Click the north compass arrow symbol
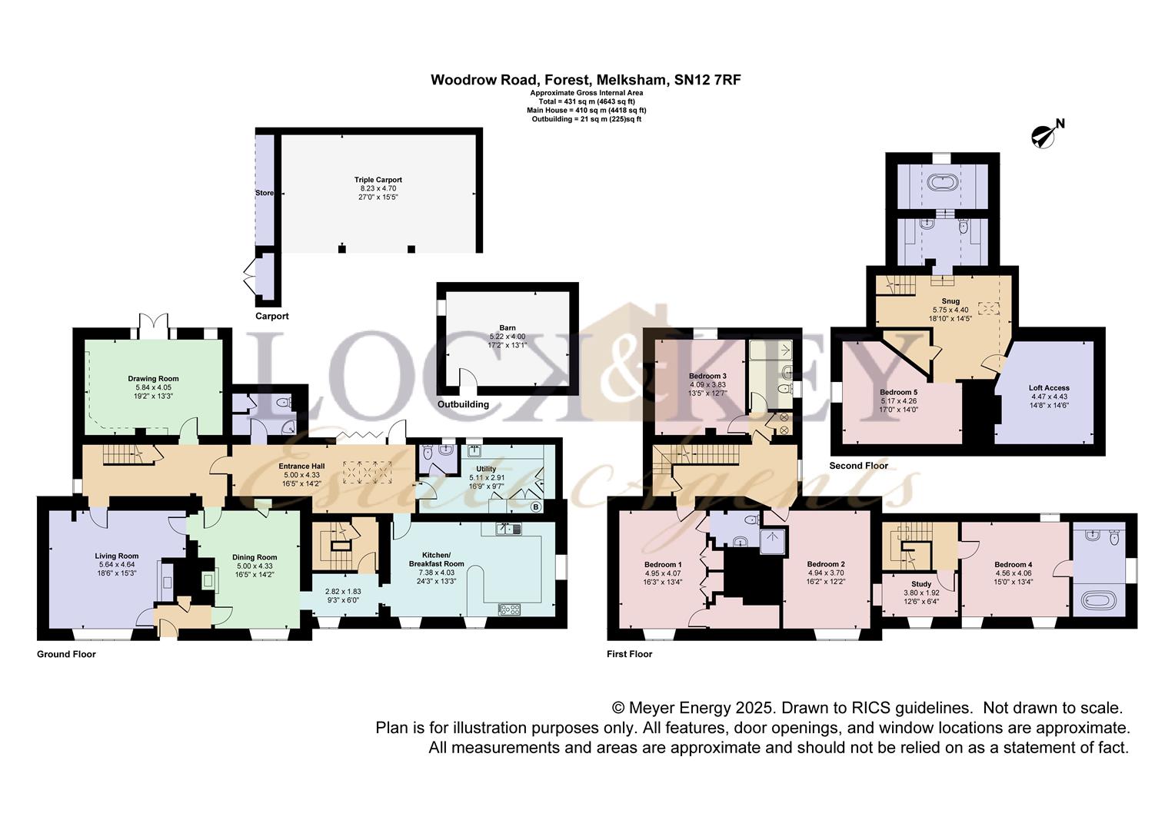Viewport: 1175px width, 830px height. tap(1044, 136)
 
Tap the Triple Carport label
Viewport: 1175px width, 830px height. tap(378, 180)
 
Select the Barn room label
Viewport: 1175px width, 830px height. tap(508, 327)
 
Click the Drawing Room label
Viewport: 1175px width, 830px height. tap(153, 379)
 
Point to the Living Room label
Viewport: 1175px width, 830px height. tap(116, 556)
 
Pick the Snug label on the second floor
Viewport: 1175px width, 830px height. tap(950, 301)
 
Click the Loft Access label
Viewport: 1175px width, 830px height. tap(1049, 388)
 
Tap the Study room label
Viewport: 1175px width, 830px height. tap(921, 583)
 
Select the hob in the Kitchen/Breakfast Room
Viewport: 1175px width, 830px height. tap(509, 609)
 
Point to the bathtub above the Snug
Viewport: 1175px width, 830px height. tap(943, 182)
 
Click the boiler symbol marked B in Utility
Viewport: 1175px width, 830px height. tap(535, 507)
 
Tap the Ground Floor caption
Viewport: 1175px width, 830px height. tap(66, 654)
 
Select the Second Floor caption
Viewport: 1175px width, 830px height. tap(859, 466)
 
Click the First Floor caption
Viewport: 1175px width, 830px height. tap(630, 654)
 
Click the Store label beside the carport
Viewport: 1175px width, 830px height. tap(265, 193)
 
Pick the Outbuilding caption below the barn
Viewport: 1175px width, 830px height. tap(463, 404)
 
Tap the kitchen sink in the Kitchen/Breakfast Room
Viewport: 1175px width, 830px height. tap(509, 529)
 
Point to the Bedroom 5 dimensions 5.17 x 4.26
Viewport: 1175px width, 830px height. tap(898, 401)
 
